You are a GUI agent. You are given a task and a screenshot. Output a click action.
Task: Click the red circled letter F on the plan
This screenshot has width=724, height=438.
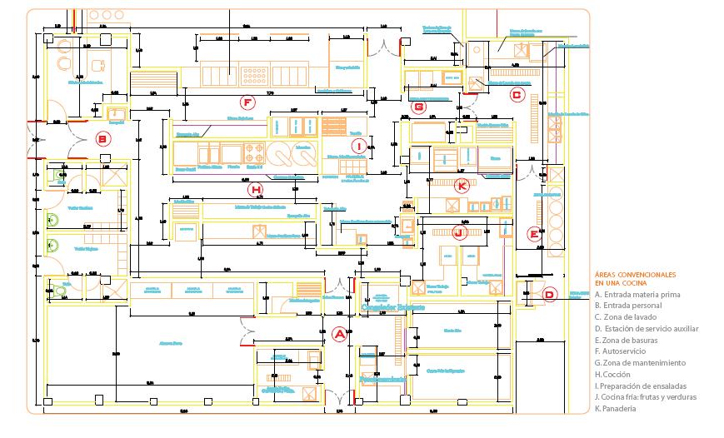click(x=246, y=102)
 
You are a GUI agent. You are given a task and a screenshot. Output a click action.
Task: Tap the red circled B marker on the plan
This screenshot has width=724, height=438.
click(x=102, y=139)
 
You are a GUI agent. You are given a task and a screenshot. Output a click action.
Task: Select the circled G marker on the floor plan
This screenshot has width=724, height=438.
click(x=419, y=106)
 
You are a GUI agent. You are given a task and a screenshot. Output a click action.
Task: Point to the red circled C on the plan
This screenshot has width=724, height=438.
click(x=516, y=95)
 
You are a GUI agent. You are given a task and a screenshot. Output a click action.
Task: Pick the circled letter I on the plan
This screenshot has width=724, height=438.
click(x=359, y=147)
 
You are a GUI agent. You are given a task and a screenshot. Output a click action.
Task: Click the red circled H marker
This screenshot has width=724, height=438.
click(x=256, y=189)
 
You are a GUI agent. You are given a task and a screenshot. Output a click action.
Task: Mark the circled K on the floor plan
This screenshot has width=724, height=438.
click(x=462, y=186)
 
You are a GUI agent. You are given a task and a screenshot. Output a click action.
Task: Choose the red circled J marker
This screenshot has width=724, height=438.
click(x=457, y=232)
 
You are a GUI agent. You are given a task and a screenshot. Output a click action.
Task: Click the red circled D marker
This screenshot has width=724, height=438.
click(x=549, y=294)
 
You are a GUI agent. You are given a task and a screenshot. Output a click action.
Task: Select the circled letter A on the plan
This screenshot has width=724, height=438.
click(x=339, y=335)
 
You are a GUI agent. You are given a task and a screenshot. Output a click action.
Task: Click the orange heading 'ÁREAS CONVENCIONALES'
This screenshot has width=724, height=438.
click(x=635, y=275)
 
